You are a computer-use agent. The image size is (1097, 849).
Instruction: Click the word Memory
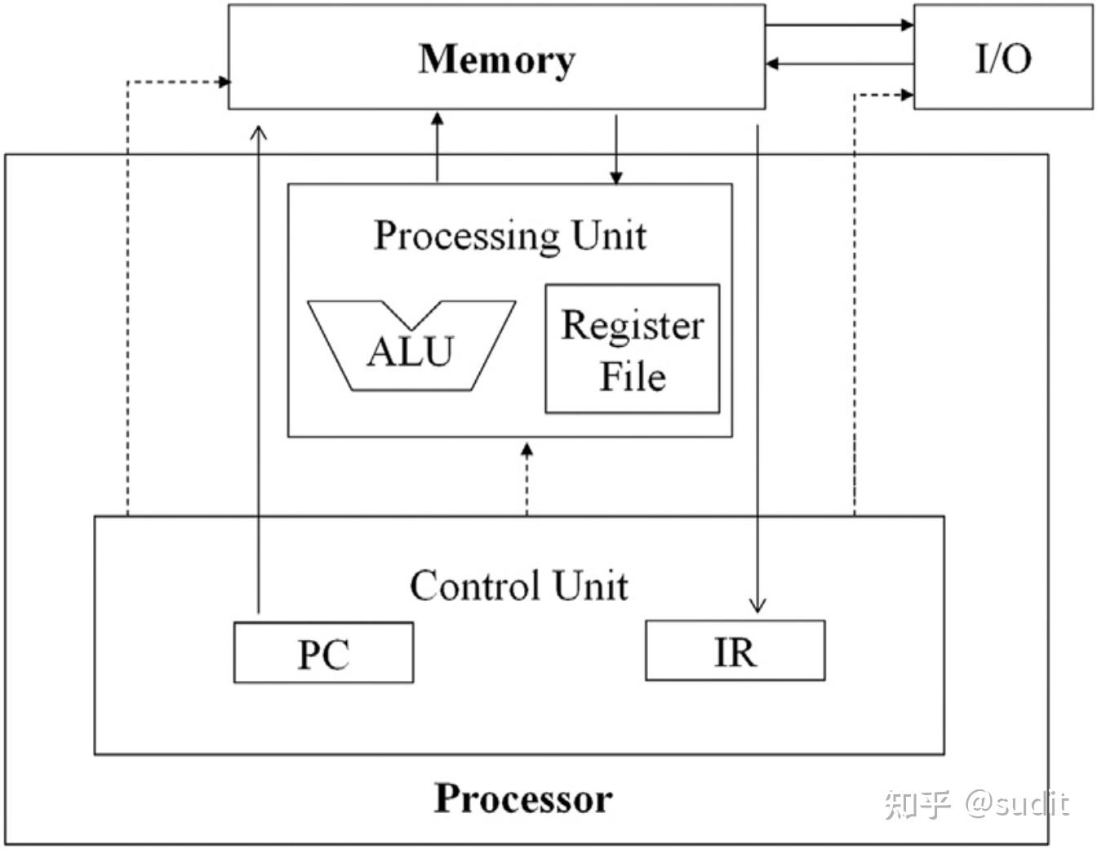(497, 60)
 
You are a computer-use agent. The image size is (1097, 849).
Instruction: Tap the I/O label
(1003, 59)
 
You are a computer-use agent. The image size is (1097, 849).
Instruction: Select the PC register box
(323, 652)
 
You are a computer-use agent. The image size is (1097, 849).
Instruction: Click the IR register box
(735, 651)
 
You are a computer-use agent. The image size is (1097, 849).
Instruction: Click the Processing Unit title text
(510, 236)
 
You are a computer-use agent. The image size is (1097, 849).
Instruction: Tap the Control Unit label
(519, 585)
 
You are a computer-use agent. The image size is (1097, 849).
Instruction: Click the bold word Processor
(523, 798)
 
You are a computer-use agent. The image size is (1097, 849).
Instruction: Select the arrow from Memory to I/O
(840, 24)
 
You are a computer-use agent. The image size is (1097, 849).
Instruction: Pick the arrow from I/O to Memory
(840, 64)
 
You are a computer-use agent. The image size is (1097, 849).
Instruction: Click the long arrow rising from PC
(259, 370)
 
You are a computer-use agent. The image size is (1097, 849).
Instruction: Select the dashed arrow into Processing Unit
(527, 479)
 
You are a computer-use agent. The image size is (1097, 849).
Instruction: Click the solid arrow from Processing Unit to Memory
(437, 146)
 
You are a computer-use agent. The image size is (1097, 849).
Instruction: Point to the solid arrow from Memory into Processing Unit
(616, 149)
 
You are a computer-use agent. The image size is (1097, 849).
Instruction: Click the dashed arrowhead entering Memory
(224, 82)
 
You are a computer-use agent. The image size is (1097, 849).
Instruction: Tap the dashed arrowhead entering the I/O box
(907, 95)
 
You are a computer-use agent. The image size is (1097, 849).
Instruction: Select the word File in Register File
(633, 376)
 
